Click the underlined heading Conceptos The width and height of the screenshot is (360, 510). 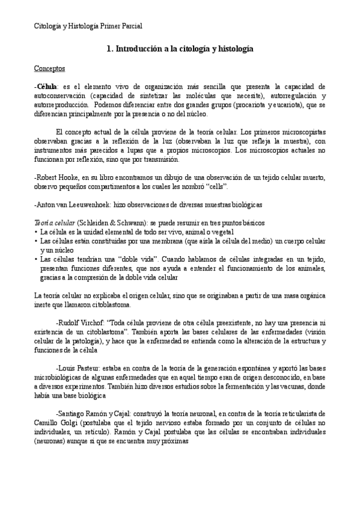49,69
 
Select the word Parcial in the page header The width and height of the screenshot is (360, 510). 129,26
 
